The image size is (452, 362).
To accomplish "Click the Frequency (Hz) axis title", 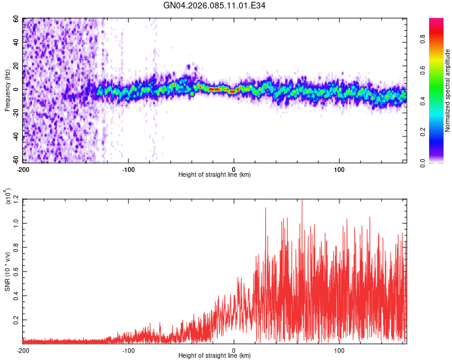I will (7, 91).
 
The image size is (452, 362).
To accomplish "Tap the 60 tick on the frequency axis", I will (17, 19).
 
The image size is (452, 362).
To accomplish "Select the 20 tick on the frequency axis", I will (17, 66).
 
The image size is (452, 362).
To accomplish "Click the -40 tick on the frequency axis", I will (16, 137).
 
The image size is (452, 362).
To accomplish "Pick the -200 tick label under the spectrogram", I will (23, 169).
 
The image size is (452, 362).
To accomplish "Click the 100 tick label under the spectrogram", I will (339, 169).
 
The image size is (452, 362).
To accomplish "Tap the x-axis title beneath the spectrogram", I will (215, 175).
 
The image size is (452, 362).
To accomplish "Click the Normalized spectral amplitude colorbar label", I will (448, 91).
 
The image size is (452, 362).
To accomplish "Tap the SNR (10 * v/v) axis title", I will (7, 271).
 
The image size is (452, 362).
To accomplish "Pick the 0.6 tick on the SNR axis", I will (17, 271).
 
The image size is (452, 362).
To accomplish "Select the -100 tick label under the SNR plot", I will (128, 350).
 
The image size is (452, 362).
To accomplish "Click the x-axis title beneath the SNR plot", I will (215, 356).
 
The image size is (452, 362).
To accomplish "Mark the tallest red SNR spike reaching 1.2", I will (302, 201).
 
